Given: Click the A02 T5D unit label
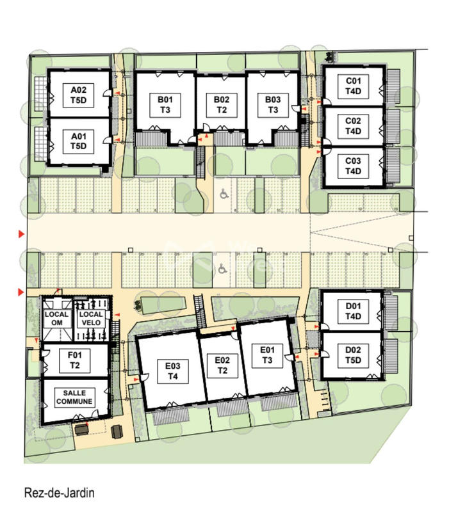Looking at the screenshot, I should (x=79, y=96).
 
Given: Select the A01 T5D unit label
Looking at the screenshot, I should (x=79, y=141).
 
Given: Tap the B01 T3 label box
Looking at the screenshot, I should (x=165, y=104).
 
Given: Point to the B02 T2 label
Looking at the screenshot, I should (x=222, y=104).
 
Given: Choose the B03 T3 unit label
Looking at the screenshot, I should (x=273, y=104).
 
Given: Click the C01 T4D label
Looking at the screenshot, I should (x=354, y=86).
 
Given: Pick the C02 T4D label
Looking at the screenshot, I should (x=354, y=126).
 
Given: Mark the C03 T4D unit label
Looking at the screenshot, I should (x=354, y=166).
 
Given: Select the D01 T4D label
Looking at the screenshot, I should (x=354, y=312).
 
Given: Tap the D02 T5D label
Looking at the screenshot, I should (x=354, y=354).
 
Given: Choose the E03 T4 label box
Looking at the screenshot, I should (x=172, y=371).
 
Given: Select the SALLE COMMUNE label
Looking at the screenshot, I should (x=75, y=397).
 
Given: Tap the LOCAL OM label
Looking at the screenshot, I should (x=56, y=319).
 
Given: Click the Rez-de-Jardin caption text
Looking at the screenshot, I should (x=59, y=493).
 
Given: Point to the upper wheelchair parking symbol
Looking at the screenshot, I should (x=224, y=194).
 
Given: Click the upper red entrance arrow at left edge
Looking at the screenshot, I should (x=22, y=235).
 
